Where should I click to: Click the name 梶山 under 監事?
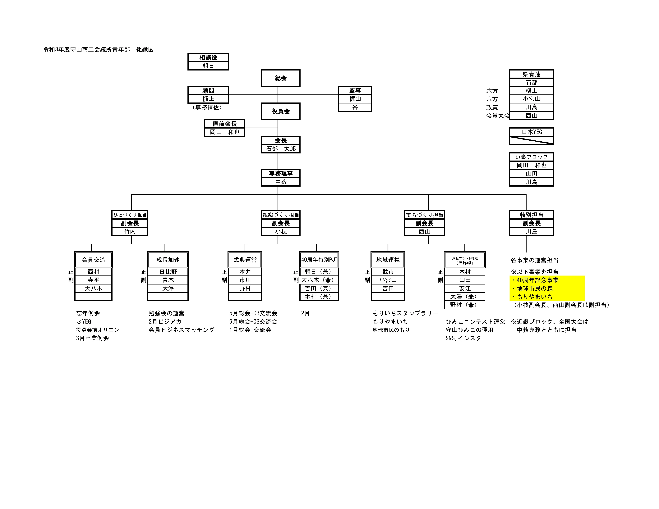coord(355,99)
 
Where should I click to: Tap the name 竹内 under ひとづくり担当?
coord(130,231)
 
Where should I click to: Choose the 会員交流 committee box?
coord(94,260)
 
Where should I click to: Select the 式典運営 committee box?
coord(245,260)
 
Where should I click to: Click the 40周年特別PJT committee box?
coord(319,260)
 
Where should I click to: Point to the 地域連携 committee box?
coord(388,260)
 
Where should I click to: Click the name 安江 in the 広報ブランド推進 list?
coord(465,288)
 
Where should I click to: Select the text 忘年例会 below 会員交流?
coord(88,313)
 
